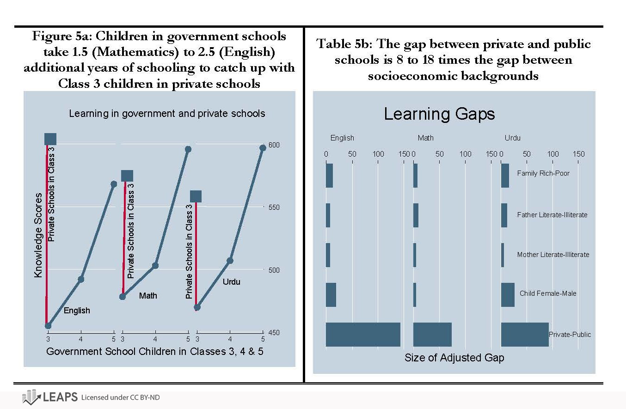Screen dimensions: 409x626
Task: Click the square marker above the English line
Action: [50, 139]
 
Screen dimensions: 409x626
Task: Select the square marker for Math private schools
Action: [127, 176]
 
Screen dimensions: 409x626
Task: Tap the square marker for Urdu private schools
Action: [196, 196]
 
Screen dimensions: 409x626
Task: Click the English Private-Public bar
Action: [363, 334]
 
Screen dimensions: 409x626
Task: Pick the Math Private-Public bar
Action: [432, 334]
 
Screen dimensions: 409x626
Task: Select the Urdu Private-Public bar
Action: [525, 334]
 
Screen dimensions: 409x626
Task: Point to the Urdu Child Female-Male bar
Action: [508, 294]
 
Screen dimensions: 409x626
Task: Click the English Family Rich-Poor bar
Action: [329, 176]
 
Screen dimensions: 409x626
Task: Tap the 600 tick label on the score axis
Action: [274, 145]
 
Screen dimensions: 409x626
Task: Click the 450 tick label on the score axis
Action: [274, 332]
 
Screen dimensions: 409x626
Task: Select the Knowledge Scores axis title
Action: [38, 236]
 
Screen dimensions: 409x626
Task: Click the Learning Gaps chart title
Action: [439, 114]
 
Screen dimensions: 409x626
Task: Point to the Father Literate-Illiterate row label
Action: [552, 215]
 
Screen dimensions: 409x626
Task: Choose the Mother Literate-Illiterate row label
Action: [553, 255]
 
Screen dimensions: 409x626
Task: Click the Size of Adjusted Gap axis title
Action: [454, 358]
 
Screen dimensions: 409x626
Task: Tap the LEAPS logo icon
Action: [31, 397]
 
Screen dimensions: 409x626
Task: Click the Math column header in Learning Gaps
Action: [425, 138]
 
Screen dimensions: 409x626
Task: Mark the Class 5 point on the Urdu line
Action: [263, 148]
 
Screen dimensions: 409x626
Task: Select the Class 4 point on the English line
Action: [81, 279]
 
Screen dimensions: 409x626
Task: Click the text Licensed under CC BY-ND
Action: [120, 397]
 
